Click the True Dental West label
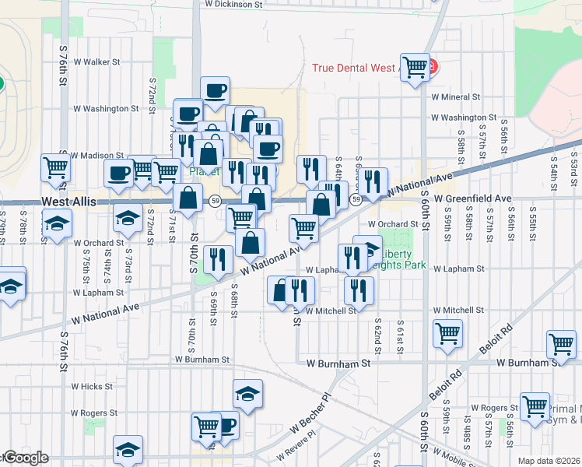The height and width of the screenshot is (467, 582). click(x=354, y=68)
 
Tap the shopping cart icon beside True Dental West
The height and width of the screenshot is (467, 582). click(x=415, y=67)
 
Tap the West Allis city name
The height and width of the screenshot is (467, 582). click(x=68, y=201)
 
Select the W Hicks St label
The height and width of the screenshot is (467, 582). click(x=91, y=386)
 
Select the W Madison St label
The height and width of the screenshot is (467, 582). click(x=96, y=156)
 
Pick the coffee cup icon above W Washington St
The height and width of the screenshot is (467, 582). click(x=215, y=90)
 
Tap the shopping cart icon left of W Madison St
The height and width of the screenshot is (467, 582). click(x=55, y=165)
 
